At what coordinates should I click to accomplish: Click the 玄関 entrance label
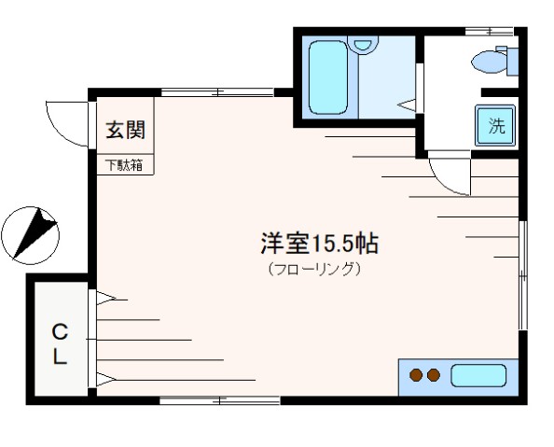(126, 130)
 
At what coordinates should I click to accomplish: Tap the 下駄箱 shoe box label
(125, 165)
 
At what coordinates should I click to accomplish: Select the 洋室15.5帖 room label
(320, 244)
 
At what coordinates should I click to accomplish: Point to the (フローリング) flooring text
(314, 269)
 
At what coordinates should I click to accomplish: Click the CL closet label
(60, 344)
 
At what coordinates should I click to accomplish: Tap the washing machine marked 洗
(495, 126)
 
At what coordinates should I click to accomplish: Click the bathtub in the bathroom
(328, 77)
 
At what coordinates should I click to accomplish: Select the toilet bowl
(489, 62)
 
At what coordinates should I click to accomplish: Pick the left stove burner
(416, 375)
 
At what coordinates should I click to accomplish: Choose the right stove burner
(434, 375)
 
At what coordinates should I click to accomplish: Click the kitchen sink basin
(478, 375)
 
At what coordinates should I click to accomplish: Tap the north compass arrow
(35, 233)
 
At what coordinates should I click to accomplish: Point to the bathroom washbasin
(363, 44)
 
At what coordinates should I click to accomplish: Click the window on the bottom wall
(220, 400)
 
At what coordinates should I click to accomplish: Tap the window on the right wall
(523, 275)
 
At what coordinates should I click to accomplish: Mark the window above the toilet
(489, 32)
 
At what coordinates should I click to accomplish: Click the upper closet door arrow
(105, 299)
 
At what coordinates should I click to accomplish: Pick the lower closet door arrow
(105, 380)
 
